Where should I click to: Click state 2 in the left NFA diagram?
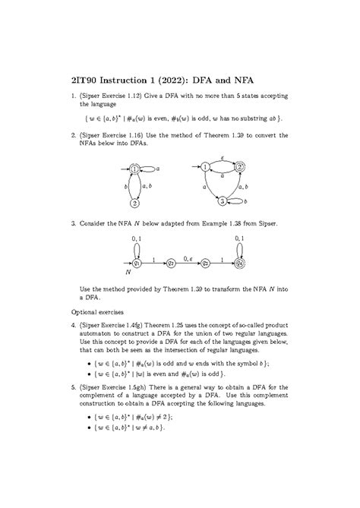click(x=134, y=203)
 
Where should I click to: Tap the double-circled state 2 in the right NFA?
click(x=240, y=168)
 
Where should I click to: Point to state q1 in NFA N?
click(x=137, y=263)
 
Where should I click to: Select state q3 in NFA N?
click(x=205, y=263)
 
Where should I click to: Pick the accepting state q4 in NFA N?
click(x=239, y=263)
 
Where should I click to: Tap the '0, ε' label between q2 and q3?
click(x=188, y=257)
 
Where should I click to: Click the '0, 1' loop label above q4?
click(x=239, y=240)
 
